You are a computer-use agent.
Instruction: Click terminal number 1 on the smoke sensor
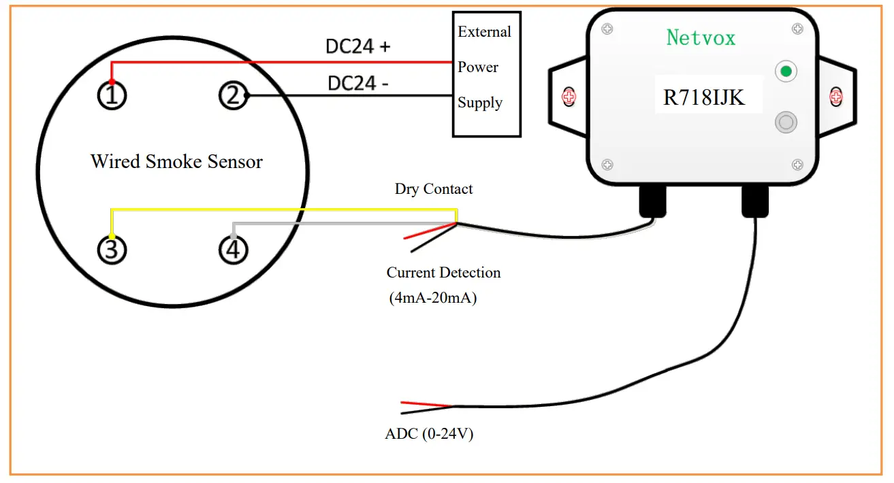click(x=112, y=96)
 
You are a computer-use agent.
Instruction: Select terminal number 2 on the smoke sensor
click(x=233, y=96)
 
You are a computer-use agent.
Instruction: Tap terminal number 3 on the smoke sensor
click(x=112, y=250)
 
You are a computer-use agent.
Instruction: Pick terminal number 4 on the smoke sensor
click(x=233, y=250)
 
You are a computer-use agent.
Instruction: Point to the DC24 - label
click(x=358, y=84)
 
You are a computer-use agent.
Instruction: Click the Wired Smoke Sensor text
click(x=176, y=161)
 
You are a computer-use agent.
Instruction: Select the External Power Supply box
click(x=486, y=73)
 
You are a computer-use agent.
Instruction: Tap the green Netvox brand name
click(x=701, y=37)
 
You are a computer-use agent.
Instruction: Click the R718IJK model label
click(x=704, y=98)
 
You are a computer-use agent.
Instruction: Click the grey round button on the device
click(x=786, y=122)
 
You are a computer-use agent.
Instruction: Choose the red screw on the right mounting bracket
click(x=835, y=97)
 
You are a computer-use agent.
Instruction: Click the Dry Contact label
click(x=434, y=188)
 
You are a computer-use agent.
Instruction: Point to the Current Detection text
click(x=443, y=272)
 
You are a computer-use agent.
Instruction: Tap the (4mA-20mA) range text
click(x=433, y=297)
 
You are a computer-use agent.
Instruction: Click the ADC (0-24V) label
click(x=429, y=433)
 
